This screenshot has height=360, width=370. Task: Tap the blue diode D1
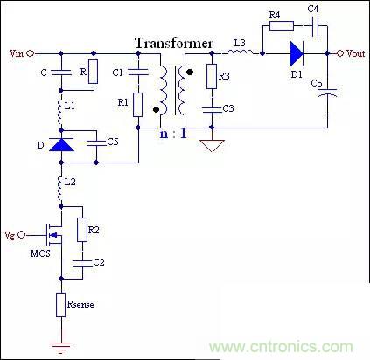pyautogui.click(x=295, y=53)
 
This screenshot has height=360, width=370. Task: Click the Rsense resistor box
pyautogui.click(x=59, y=303)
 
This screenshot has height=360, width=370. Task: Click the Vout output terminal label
pyautogui.click(x=355, y=53)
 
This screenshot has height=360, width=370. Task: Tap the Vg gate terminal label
pyautogui.click(x=10, y=235)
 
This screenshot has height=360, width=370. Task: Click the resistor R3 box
pyautogui.click(x=210, y=77)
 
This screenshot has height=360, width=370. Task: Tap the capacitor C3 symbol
pyautogui.click(x=210, y=108)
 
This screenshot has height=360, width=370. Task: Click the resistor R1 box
pyautogui.click(x=137, y=104)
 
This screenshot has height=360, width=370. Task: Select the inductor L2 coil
pyautogui.click(x=59, y=185)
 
